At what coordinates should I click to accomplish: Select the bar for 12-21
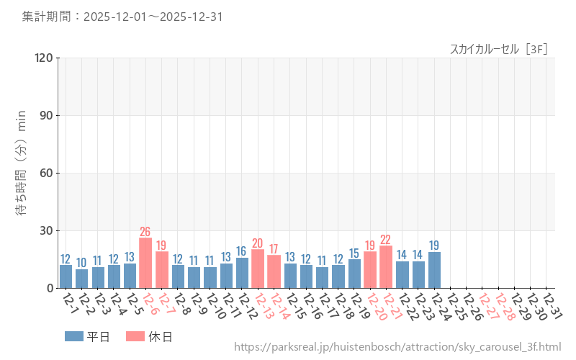[x=386, y=267]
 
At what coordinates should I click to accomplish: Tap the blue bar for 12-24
[x=434, y=270]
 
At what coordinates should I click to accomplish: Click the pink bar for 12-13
[x=258, y=269]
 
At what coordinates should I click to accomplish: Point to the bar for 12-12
[x=242, y=273]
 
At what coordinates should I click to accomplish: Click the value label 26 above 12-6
[x=145, y=232]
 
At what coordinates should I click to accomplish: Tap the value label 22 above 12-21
[x=386, y=240]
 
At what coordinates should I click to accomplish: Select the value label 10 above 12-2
[x=81, y=263]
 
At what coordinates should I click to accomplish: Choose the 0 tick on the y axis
[x=50, y=288]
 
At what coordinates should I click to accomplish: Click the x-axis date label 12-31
[x=552, y=305]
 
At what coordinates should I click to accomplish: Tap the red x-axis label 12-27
[x=487, y=305]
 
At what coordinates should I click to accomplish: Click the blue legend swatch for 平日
[x=74, y=336]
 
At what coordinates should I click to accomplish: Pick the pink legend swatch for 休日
[x=135, y=336]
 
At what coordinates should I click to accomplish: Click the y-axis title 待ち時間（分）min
[x=22, y=173]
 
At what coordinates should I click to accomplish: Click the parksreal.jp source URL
[x=397, y=347]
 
